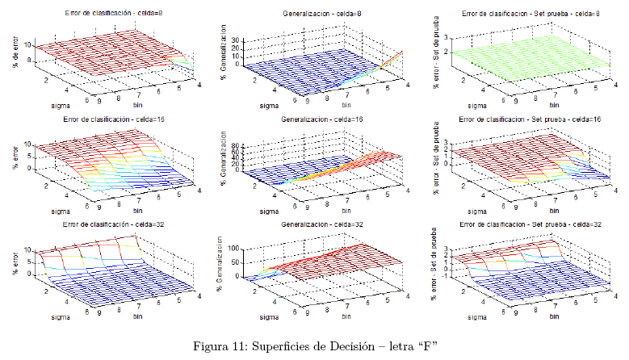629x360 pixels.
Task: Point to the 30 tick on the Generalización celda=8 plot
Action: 237,39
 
